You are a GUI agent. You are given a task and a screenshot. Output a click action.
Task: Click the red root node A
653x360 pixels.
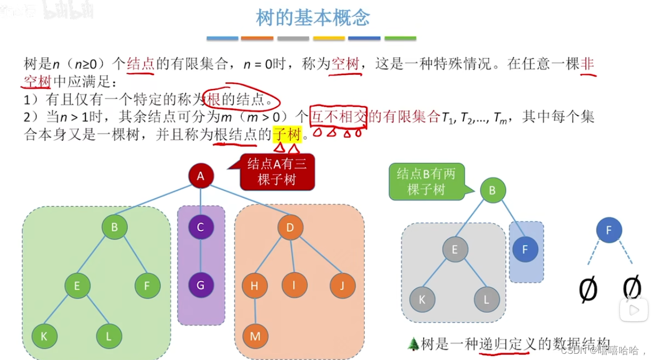point(200,176)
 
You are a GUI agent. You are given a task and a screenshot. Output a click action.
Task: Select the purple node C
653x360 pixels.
point(200,227)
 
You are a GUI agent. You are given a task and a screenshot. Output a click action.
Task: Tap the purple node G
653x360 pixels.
point(200,285)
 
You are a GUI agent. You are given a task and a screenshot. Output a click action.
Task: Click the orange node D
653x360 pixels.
point(290,227)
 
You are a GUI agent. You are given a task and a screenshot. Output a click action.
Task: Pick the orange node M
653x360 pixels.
point(255,336)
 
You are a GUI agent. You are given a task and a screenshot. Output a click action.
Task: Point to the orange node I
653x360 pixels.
point(294,285)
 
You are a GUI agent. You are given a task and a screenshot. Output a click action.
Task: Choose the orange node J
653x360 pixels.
point(342,285)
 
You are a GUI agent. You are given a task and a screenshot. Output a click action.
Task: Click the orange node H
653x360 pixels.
point(255,285)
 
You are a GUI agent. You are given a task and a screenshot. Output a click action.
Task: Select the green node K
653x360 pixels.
point(44,336)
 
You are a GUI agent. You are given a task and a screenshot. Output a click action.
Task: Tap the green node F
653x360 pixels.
point(147,285)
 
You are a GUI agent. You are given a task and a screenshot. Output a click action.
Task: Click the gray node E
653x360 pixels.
point(455,250)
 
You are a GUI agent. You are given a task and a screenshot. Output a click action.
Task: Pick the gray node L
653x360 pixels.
point(487,299)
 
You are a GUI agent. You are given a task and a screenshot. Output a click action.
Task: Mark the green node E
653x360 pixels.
point(77,285)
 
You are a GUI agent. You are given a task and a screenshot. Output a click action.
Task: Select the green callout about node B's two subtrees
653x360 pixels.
point(426,182)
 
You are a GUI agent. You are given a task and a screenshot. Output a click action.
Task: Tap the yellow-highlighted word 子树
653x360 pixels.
point(287,135)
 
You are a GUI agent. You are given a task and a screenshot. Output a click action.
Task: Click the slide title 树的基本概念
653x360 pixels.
point(313,18)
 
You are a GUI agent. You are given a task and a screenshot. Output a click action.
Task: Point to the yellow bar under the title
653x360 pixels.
point(329,38)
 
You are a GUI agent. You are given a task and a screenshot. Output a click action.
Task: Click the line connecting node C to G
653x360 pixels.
point(200,256)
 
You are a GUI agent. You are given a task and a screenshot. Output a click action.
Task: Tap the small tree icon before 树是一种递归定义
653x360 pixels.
point(413,343)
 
